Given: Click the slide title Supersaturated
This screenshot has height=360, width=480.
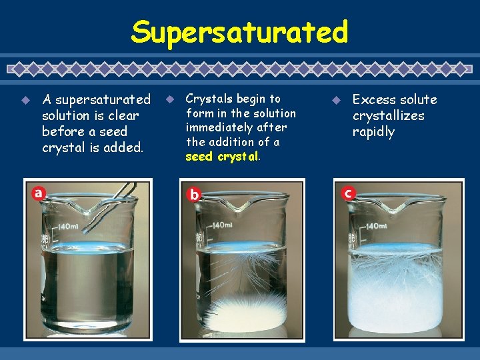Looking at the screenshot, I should [x=239, y=31].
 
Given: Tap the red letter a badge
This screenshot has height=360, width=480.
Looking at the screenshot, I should [x=39, y=193].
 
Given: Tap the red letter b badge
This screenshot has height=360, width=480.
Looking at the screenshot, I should [x=194, y=195].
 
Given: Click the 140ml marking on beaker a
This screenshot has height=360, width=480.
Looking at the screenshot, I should [x=68, y=227].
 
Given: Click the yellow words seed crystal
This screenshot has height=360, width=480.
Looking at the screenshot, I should [x=221, y=157].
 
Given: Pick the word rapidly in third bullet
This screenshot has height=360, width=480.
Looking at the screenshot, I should [x=373, y=132].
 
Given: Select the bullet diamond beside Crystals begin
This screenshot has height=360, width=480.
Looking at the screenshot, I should [x=169, y=100].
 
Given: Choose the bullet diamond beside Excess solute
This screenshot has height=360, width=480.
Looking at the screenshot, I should [x=337, y=100].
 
